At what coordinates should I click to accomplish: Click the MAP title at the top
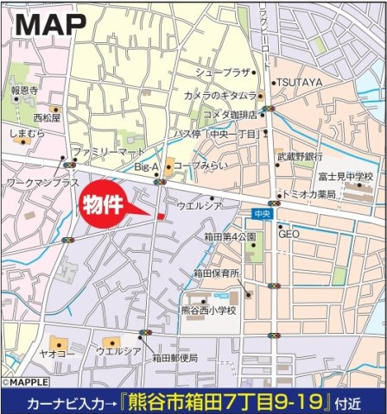(50, 25)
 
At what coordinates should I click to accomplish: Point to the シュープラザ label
(223, 72)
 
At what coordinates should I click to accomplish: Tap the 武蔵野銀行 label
(300, 157)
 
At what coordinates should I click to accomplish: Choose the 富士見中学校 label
(346, 177)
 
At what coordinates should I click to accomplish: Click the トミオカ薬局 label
(312, 195)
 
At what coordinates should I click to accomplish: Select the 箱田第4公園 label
(228, 235)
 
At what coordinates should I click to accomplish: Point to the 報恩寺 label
(22, 89)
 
